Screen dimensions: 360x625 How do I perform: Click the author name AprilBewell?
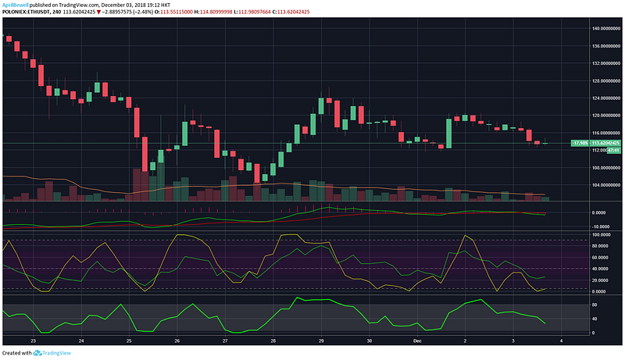click(16, 4)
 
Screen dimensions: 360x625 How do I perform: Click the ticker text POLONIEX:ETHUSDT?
click(27, 12)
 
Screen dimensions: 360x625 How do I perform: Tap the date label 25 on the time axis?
click(129, 341)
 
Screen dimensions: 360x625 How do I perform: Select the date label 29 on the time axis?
click(321, 341)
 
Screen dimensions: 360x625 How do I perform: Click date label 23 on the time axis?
click(33, 341)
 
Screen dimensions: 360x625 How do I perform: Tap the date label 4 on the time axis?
click(561, 341)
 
